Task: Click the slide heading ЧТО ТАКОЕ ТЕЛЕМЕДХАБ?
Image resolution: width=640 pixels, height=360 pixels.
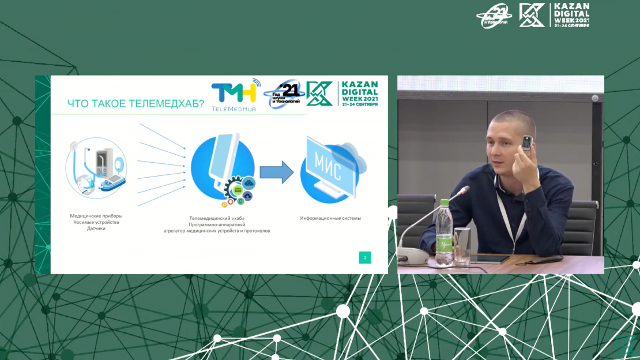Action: tap(135, 104)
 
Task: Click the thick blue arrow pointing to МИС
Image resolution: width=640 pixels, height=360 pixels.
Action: tap(276, 172)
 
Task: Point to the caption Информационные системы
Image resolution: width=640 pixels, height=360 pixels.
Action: tap(330, 218)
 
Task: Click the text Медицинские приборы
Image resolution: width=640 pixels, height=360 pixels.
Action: tap(96, 216)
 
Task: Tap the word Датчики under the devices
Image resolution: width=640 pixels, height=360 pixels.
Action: tap(96, 228)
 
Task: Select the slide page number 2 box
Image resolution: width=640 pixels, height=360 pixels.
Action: tap(364, 257)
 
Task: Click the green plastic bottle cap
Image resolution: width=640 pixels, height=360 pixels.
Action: tap(444, 202)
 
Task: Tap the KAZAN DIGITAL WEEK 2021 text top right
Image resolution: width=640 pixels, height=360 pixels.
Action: tap(571, 15)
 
